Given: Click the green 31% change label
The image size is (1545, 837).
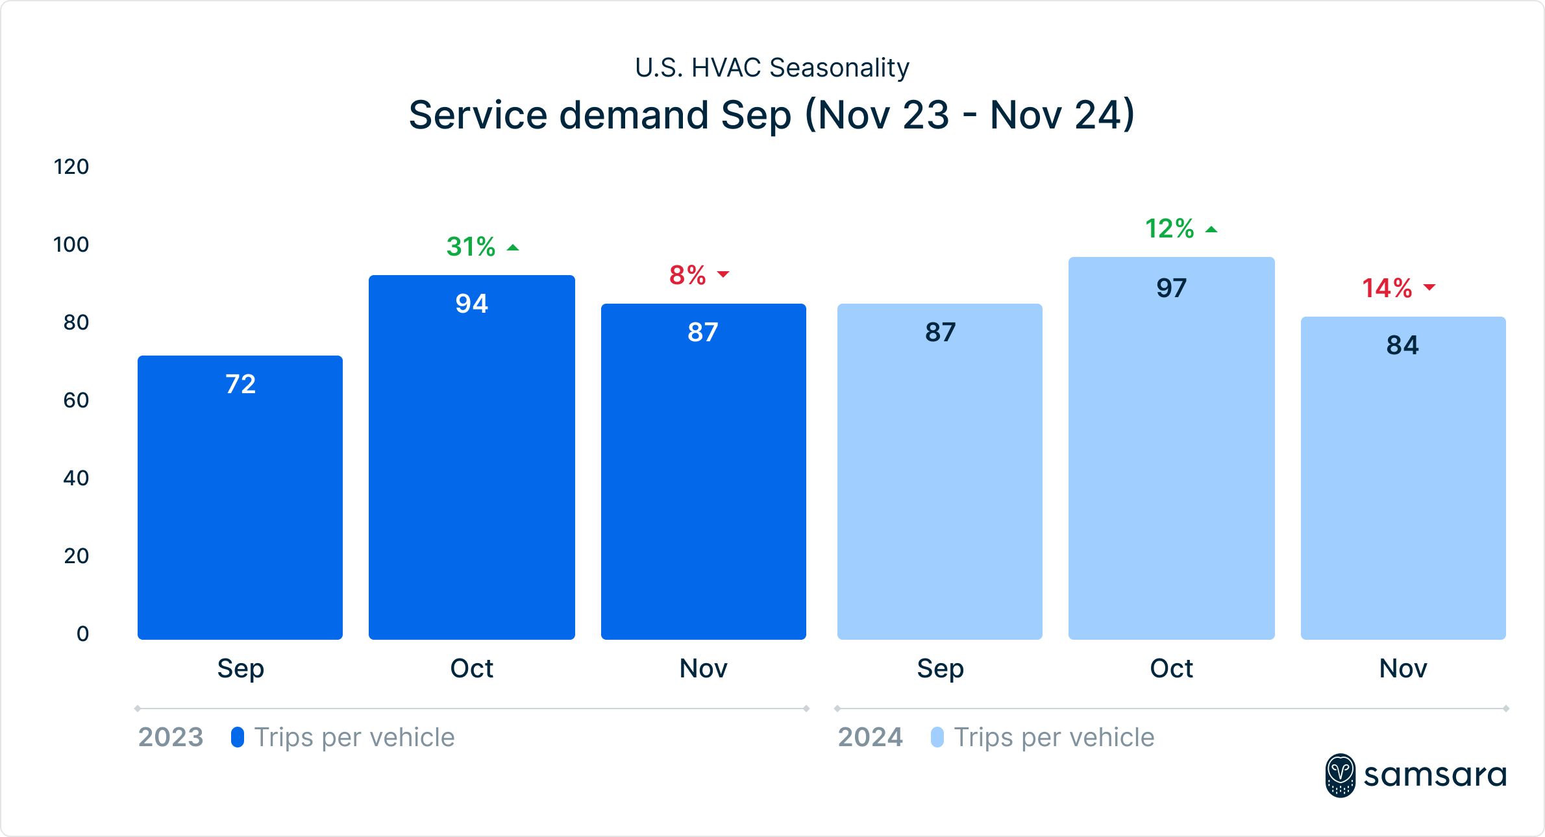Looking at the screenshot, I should click(x=471, y=247).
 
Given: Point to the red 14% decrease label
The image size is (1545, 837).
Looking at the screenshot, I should click(x=1387, y=288).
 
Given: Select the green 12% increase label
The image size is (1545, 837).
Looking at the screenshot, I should click(x=1170, y=229).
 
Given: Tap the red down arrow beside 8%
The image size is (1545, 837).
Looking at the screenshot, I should click(x=723, y=274).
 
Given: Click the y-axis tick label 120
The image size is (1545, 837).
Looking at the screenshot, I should click(x=71, y=167).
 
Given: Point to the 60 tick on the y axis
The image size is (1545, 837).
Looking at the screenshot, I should click(x=76, y=400).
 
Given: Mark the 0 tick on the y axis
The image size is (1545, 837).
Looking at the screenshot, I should click(x=82, y=634).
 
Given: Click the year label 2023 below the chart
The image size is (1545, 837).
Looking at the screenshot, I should click(x=171, y=737).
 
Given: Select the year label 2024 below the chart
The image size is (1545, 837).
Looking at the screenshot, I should click(x=871, y=737).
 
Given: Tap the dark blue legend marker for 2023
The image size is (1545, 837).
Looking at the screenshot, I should click(x=238, y=737).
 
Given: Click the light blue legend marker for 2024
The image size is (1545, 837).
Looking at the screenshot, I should click(x=937, y=737).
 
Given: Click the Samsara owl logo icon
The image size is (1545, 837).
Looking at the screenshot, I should click(x=1340, y=775).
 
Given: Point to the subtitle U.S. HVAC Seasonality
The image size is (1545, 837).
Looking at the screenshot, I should click(x=772, y=67).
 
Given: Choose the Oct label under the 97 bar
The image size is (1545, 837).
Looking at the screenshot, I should click(x=1172, y=668).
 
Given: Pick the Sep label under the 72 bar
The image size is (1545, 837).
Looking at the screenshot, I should click(x=240, y=668).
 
